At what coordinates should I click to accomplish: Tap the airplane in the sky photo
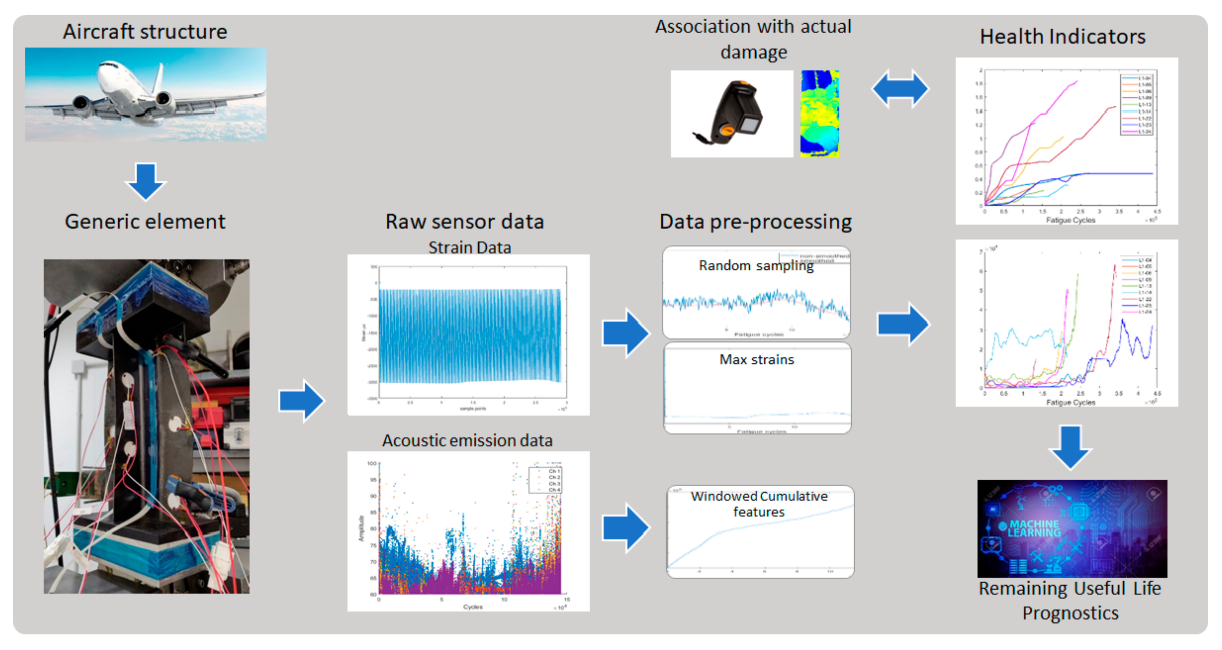pos(142,95)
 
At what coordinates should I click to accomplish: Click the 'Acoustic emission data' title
pos(467,440)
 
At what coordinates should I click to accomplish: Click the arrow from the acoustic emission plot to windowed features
pos(625,528)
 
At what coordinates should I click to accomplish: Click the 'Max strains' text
pos(757,360)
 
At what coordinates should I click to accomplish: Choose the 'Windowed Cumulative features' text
pos(759,504)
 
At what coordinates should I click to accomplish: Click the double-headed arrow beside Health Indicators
pos(900,89)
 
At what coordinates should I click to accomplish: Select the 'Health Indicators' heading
pos(1062,36)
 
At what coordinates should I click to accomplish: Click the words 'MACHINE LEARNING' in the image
pos(1034,528)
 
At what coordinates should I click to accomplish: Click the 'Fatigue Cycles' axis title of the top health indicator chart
pos(1070,220)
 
